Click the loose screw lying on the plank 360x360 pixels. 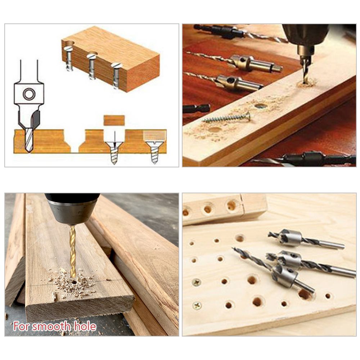tap(226, 118)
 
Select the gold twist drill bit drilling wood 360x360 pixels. tap(73, 249)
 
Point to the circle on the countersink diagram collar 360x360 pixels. tap(30, 94)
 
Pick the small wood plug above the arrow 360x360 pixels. tap(114, 120)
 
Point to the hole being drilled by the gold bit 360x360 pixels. tap(73, 281)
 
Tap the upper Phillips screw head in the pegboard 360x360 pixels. tap(197, 282)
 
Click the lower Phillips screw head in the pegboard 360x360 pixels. tap(197, 306)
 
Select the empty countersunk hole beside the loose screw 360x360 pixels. tap(260, 106)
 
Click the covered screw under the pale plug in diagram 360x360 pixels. tap(154, 152)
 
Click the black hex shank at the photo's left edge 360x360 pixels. tap(196, 108)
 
